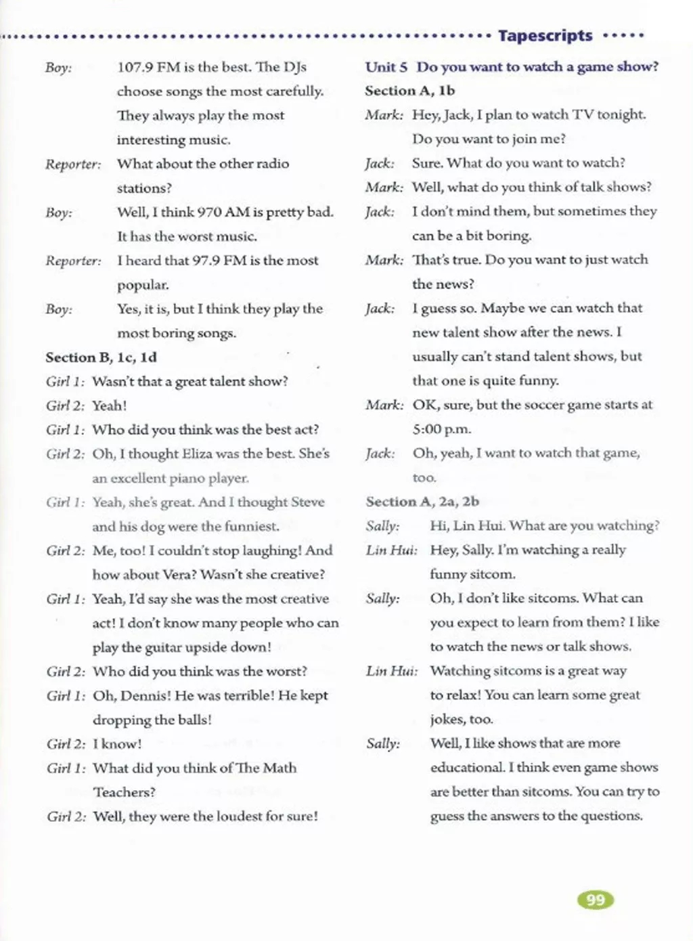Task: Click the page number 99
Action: tap(596, 900)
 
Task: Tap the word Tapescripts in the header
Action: tap(545, 35)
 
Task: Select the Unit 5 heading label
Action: tap(386, 67)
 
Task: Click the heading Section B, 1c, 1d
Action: tap(101, 357)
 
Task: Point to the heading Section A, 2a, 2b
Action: tap(422, 502)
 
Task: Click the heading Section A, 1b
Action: tap(409, 91)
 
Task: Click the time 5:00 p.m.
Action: tap(441, 429)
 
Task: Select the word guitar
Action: tap(163, 647)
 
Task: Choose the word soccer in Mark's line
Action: tap(545, 405)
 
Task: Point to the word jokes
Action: tap(447, 719)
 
